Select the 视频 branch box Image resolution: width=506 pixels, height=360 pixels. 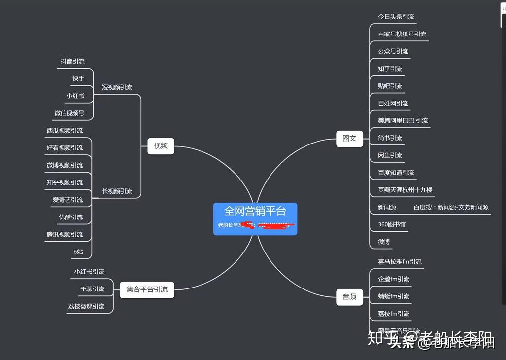161,145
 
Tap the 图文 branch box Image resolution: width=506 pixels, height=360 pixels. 349,138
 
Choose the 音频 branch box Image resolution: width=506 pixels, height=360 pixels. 349,296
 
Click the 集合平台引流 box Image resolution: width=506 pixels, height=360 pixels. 147,289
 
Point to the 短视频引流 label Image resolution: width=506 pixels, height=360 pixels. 117,87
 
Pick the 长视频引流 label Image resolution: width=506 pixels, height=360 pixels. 117,191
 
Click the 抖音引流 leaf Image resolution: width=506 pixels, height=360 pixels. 72,62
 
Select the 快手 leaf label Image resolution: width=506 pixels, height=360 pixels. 78,79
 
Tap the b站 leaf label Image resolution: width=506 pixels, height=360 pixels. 78,252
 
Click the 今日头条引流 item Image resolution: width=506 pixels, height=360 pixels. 396,17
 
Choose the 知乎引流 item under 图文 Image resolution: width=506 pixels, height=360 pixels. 390,69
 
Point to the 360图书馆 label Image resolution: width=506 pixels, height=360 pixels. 392,224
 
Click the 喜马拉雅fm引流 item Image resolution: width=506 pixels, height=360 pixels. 400,262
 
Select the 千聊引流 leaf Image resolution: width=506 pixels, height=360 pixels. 92,289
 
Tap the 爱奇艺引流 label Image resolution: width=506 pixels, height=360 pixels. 67,200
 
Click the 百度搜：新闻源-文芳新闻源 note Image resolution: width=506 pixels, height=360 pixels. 451,207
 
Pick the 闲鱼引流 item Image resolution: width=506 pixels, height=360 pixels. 390,155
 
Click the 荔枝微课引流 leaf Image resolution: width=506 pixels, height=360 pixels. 86,306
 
